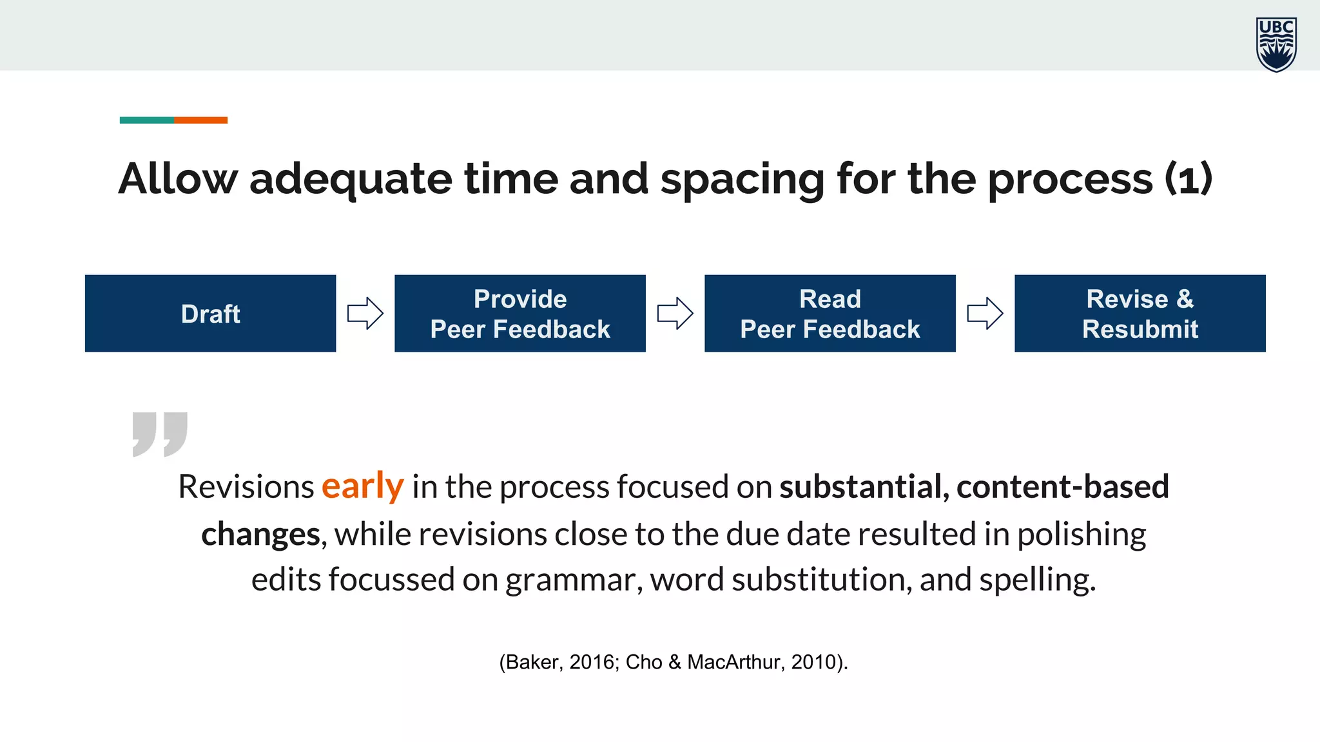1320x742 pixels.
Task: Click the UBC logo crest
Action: pos(1276,44)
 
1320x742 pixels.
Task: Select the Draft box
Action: pos(210,314)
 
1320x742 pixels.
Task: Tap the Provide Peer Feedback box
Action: pos(519,314)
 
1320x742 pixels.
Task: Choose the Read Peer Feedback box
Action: pos(830,314)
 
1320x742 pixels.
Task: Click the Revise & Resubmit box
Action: pos(1140,314)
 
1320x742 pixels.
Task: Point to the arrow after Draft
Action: pos(365,314)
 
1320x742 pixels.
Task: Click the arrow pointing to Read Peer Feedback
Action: pos(675,314)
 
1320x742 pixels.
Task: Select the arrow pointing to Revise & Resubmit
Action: pos(985,314)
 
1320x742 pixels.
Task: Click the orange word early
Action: pos(362,486)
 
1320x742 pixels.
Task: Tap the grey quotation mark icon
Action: pos(160,434)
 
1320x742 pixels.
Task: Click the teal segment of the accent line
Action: pos(146,120)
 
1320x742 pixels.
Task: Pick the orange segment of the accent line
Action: pos(200,120)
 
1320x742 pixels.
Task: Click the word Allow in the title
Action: pos(178,178)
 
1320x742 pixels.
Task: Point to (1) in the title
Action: pos(1188,178)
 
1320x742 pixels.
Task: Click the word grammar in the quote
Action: pos(574,580)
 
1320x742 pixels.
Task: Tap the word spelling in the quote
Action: pos(1037,580)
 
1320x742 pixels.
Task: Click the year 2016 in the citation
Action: pos(594,662)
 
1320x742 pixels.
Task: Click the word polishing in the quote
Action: pos(1082,535)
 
